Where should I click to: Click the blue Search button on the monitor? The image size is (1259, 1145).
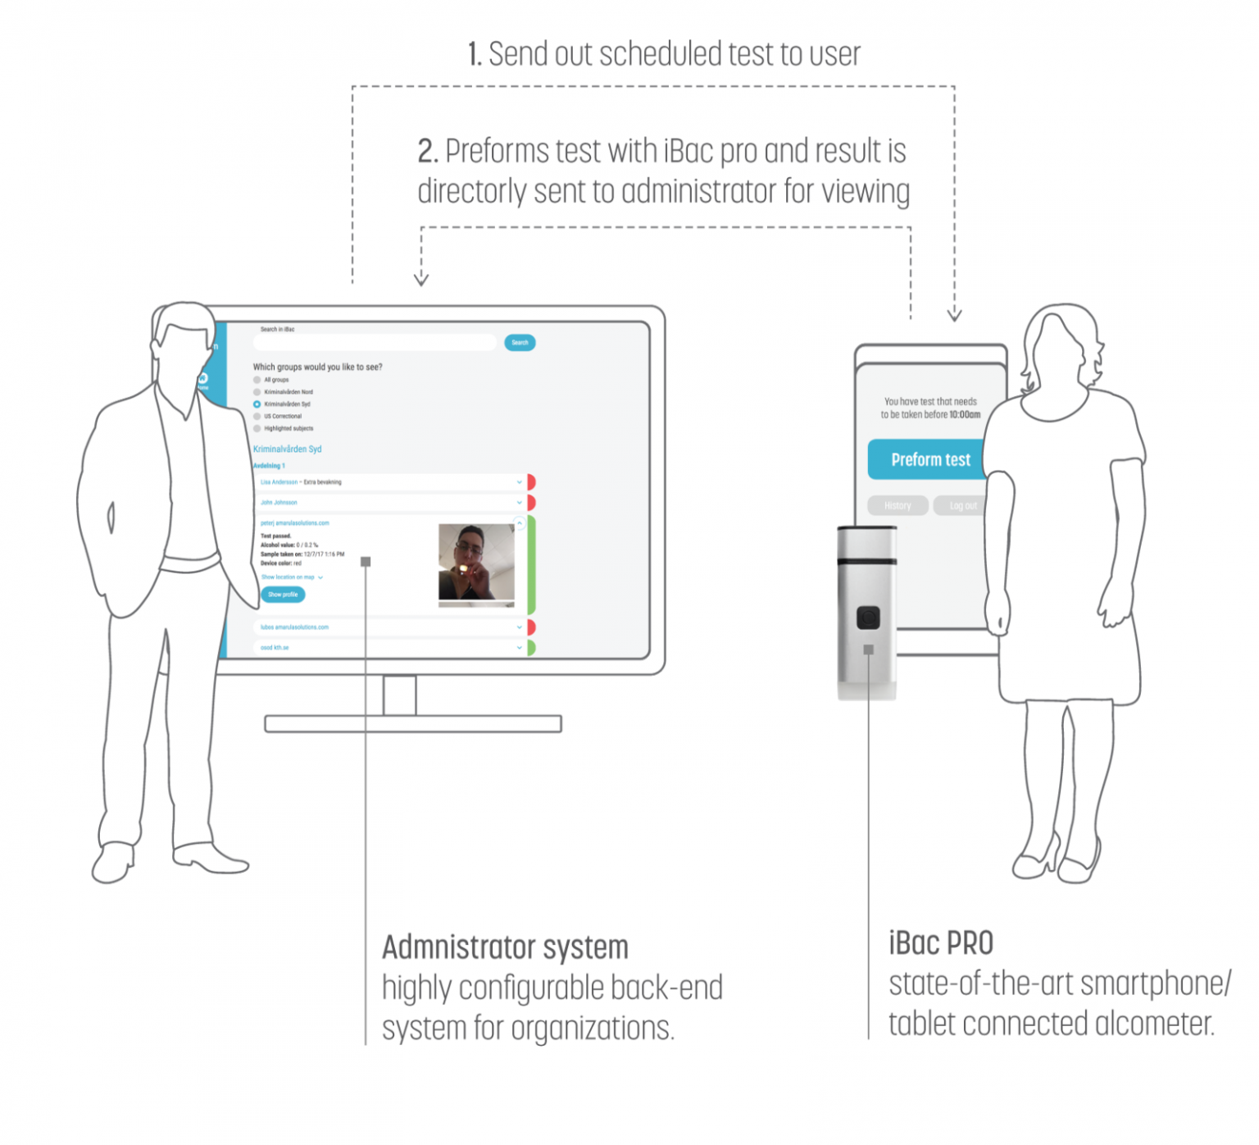point(520,343)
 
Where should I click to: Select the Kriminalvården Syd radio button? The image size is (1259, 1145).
point(257,404)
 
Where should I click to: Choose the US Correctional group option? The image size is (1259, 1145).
point(257,417)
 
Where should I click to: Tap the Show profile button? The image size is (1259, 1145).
point(283,595)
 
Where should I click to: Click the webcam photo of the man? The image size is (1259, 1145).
point(476,563)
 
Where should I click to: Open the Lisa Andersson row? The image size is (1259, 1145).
point(280,482)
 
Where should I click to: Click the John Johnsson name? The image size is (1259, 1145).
point(279,503)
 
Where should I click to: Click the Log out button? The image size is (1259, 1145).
point(961,506)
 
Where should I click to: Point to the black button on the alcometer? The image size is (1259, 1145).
point(868,618)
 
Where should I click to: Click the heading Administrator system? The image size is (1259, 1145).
point(505,948)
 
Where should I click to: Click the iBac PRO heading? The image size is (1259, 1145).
point(941,944)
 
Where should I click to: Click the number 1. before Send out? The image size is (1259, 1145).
point(475,55)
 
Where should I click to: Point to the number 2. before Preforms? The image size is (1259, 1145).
point(428,152)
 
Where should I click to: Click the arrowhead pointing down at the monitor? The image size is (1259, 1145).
point(421,280)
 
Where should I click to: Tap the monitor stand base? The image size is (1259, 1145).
point(413,724)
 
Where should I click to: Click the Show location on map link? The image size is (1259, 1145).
point(289,577)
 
